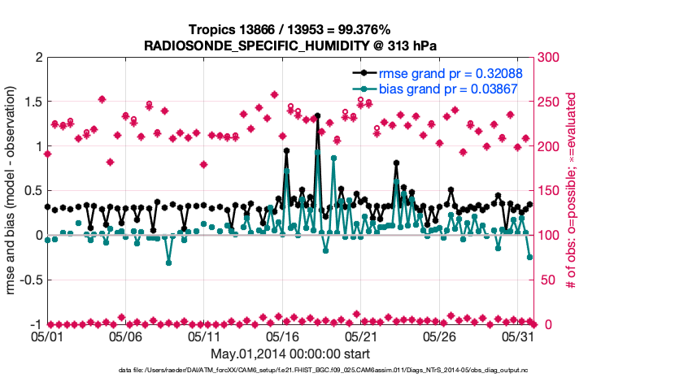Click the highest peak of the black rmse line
[317, 116]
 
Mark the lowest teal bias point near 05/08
[168, 263]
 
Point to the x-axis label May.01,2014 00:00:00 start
[290, 354]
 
